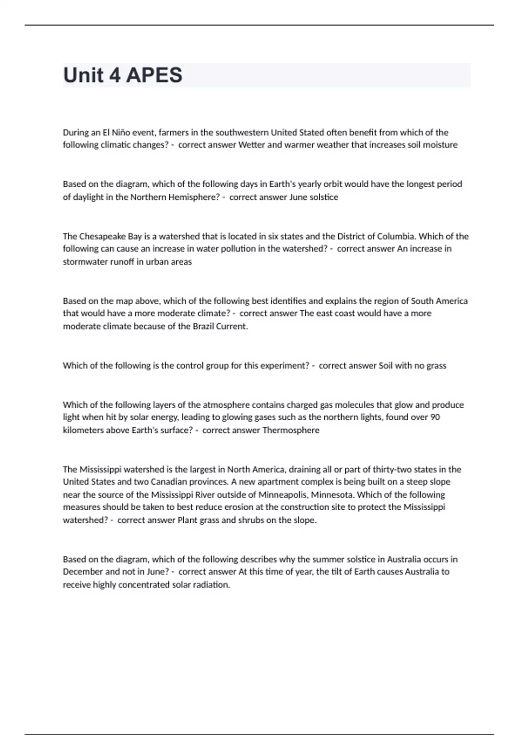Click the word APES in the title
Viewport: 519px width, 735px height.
click(x=154, y=75)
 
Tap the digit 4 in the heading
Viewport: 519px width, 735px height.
click(x=115, y=75)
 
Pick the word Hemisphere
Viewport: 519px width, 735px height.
click(x=192, y=197)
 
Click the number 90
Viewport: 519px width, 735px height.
click(x=435, y=417)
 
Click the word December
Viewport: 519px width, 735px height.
click(x=83, y=572)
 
